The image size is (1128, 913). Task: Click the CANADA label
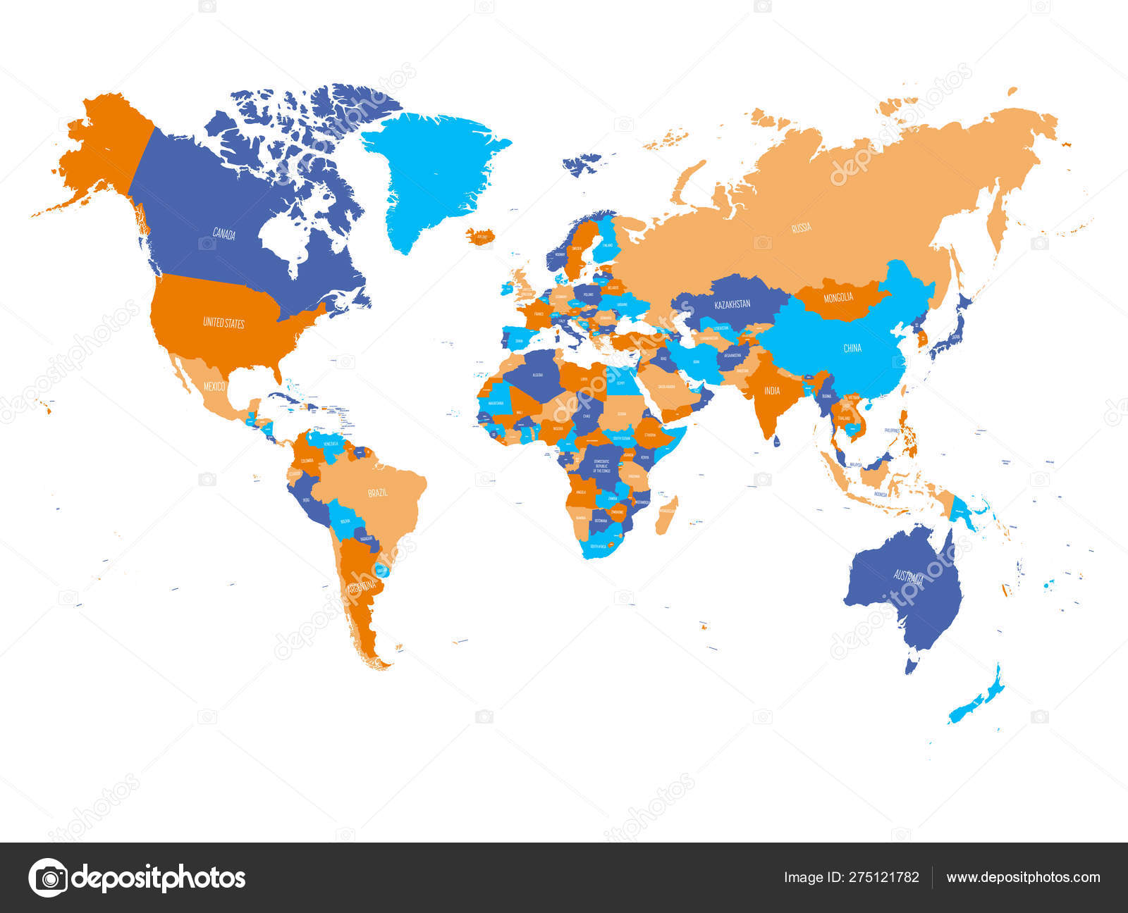[224, 235]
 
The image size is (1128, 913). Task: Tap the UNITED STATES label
[223, 323]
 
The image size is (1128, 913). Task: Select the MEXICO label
[214, 387]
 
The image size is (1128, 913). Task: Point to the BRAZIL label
[377, 492]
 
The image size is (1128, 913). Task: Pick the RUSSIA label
[801, 228]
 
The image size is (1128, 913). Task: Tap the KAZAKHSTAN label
[732, 305]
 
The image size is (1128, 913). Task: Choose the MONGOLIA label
[838, 297]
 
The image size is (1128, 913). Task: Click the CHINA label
[852, 348]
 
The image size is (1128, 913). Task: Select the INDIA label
[772, 390]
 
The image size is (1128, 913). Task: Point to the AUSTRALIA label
[908, 578]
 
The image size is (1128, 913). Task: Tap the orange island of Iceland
[482, 235]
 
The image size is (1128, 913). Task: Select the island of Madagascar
[666, 514]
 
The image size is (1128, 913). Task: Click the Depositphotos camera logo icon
[48, 878]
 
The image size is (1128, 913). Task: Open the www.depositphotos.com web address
[1023, 878]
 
